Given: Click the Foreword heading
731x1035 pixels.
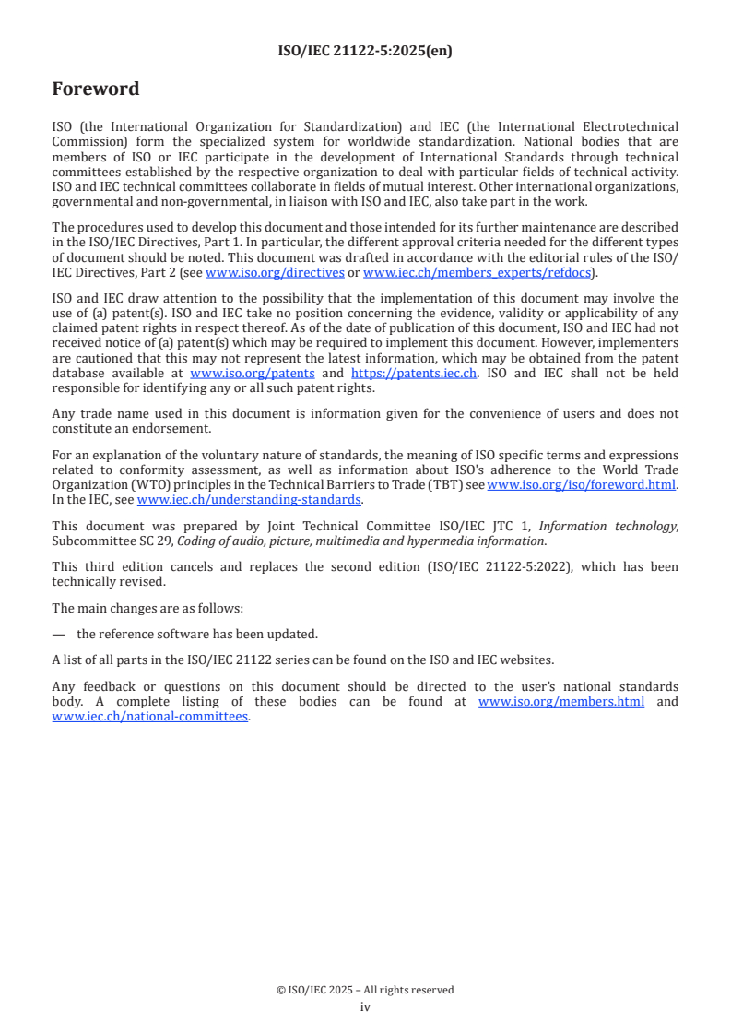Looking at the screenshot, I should pyautogui.click(x=96, y=89).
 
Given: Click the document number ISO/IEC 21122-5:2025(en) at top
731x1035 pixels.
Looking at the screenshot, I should pyautogui.click(x=365, y=52).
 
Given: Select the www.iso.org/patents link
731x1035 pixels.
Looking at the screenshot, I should pyautogui.click(x=252, y=374).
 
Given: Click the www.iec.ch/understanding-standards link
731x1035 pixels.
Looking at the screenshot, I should pyautogui.click(x=249, y=499).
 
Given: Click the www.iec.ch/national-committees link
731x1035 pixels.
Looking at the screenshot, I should pyautogui.click(x=150, y=716).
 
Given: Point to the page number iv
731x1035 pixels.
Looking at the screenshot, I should pyautogui.click(x=365, y=1006).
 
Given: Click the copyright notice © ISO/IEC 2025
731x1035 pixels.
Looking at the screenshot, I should pyautogui.click(x=365, y=990).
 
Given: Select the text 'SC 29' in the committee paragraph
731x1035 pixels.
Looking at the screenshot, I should pyautogui.click(x=139, y=541).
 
